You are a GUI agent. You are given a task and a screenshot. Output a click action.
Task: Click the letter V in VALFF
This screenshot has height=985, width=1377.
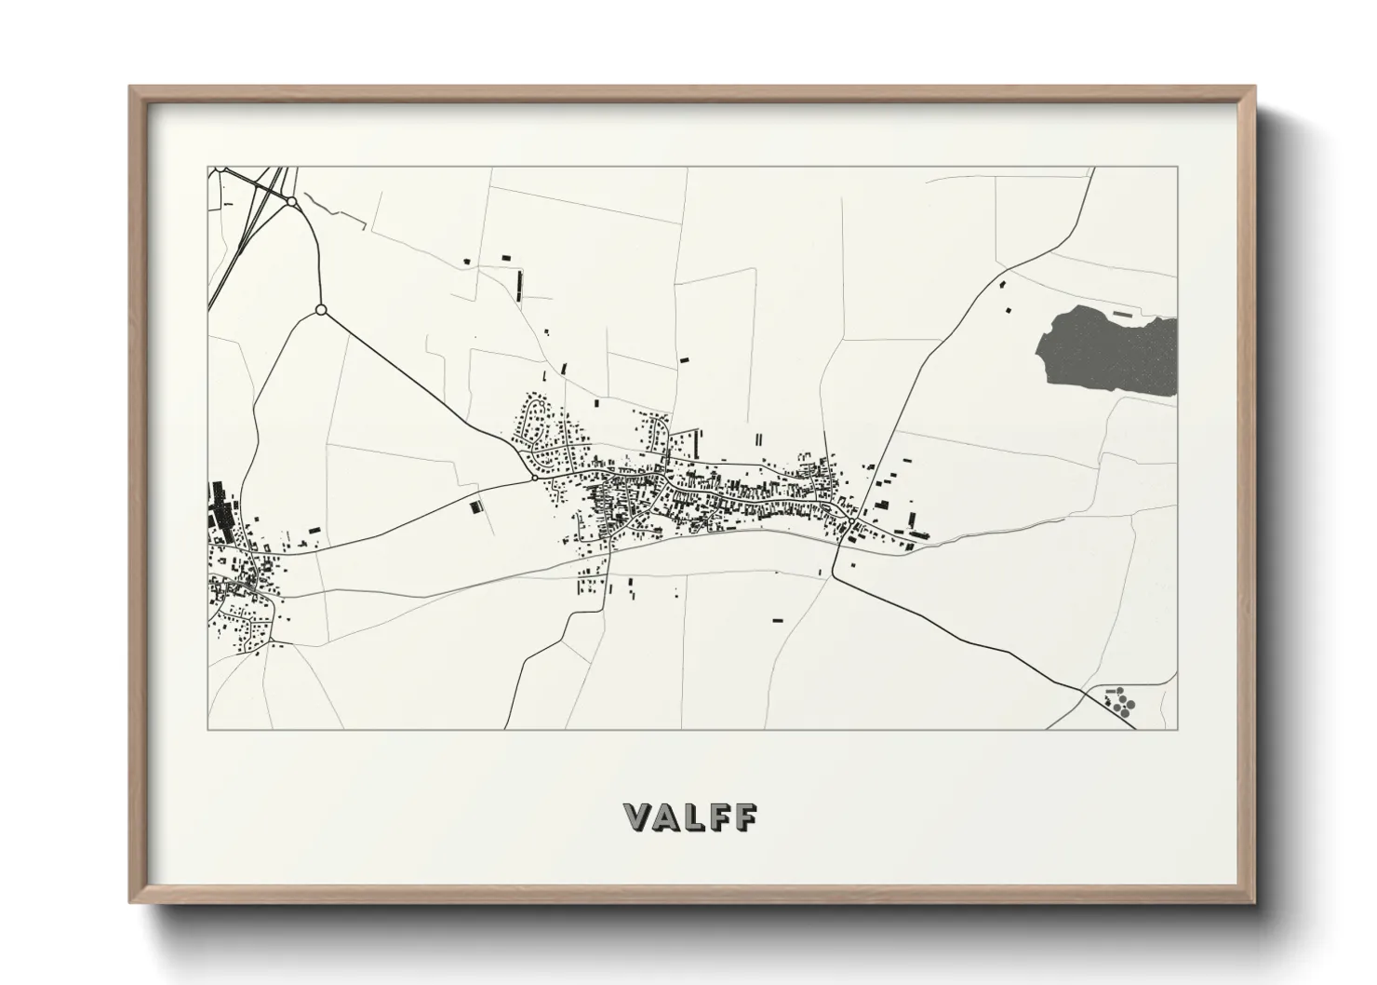point(640,816)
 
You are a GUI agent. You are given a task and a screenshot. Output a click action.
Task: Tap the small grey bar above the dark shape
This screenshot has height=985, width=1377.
point(1125,314)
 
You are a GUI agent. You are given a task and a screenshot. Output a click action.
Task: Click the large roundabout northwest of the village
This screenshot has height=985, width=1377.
point(321,309)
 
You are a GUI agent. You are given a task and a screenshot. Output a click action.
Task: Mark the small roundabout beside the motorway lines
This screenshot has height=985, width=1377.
point(291,201)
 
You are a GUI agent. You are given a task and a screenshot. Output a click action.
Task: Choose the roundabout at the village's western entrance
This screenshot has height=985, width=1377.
point(533,478)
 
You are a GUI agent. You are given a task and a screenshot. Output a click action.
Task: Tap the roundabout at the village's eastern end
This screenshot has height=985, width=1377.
point(850,521)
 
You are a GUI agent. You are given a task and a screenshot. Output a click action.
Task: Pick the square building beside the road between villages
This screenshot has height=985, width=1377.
point(476,506)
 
